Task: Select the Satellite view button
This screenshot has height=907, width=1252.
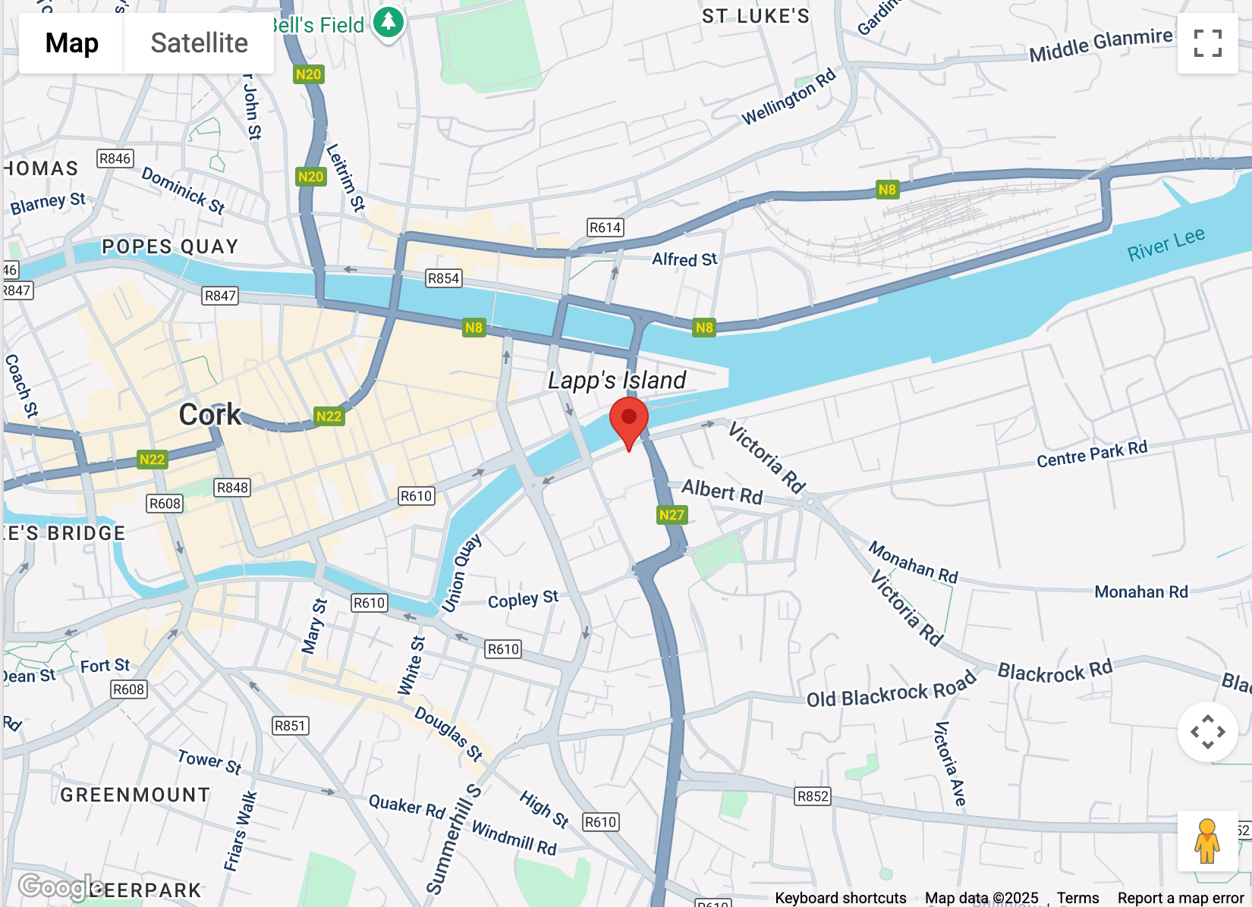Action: (199, 43)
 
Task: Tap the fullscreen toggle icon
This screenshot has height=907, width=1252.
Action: (1207, 43)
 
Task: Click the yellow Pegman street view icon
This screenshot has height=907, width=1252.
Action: (1206, 841)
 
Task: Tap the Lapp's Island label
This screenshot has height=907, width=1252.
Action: (617, 380)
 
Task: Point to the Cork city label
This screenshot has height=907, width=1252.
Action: (209, 415)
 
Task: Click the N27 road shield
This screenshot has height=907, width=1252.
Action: (672, 515)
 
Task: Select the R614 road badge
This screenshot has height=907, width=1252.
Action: (605, 228)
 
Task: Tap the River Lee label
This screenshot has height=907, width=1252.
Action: (1165, 245)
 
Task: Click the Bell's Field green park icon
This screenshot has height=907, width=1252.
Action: (388, 22)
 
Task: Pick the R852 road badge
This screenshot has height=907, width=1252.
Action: (813, 796)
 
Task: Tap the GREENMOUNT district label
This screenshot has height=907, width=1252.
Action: (135, 795)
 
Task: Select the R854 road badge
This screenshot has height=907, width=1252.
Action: (443, 278)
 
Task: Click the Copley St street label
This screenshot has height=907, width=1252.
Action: (523, 600)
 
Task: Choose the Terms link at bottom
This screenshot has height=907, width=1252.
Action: (1077, 898)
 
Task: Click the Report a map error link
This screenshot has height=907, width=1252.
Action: (1180, 898)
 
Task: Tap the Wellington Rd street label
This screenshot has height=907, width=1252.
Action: (788, 97)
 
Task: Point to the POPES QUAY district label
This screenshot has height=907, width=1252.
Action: (170, 246)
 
